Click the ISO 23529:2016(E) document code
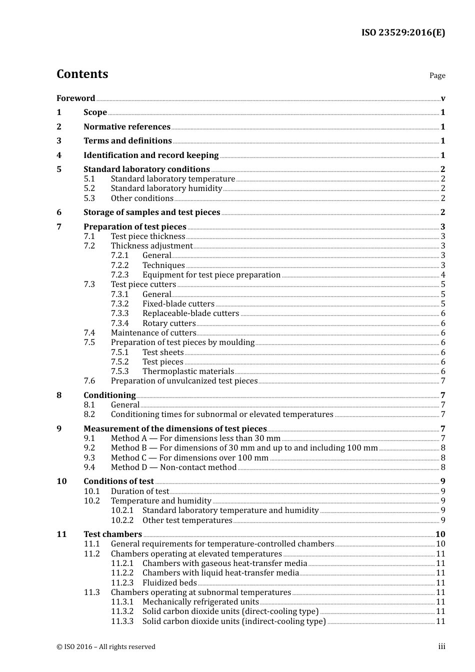point(403,32)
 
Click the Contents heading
point(82,74)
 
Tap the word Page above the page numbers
point(437,75)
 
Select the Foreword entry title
point(75,98)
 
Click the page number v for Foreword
point(443,98)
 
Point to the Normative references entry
point(127,127)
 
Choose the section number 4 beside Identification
point(59,155)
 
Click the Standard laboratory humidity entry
point(166,188)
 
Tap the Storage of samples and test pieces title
point(151,212)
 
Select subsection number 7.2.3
point(119,275)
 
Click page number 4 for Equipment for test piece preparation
point(443,275)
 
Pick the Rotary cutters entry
point(169,323)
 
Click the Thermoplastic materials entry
point(188,371)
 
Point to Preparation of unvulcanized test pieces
point(184,381)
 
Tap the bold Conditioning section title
point(109,395)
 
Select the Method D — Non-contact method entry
point(173,467)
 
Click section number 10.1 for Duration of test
point(91,491)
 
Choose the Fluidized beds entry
point(169,583)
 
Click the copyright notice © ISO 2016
point(105,647)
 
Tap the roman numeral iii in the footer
point(441,646)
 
